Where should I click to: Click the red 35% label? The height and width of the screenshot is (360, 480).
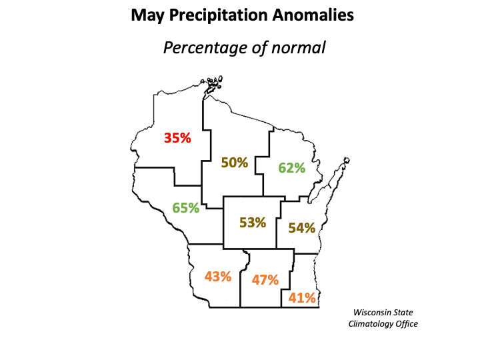pos(177,139)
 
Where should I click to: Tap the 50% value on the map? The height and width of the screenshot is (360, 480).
pos(235,162)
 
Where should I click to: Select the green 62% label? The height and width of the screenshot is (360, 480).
pos(291,167)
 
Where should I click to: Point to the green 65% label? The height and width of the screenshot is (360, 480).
pos(186,207)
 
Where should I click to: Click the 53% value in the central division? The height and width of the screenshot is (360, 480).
pos(253,223)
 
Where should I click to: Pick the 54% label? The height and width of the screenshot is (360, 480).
pos(301,228)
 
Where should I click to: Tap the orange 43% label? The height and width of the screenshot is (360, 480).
pos(218,275)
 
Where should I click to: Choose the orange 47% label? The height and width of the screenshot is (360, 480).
pos(265,280)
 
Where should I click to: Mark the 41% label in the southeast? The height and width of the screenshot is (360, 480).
pos(302,298)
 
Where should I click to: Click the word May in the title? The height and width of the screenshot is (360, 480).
pos(149,14)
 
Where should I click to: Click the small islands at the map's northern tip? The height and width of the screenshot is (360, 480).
pos(214,83)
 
